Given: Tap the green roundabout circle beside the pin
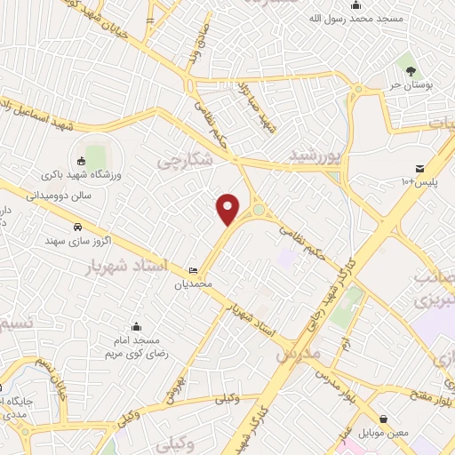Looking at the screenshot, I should click(259, 211).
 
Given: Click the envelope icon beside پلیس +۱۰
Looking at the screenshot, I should click(419, 169).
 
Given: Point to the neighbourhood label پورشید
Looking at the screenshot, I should click(315, 155).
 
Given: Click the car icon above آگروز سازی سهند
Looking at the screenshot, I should click(78, 227).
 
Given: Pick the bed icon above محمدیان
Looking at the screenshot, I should click(194, 271).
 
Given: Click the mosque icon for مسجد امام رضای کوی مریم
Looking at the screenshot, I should click(136, 327).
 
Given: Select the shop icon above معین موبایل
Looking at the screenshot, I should click(383, 418).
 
